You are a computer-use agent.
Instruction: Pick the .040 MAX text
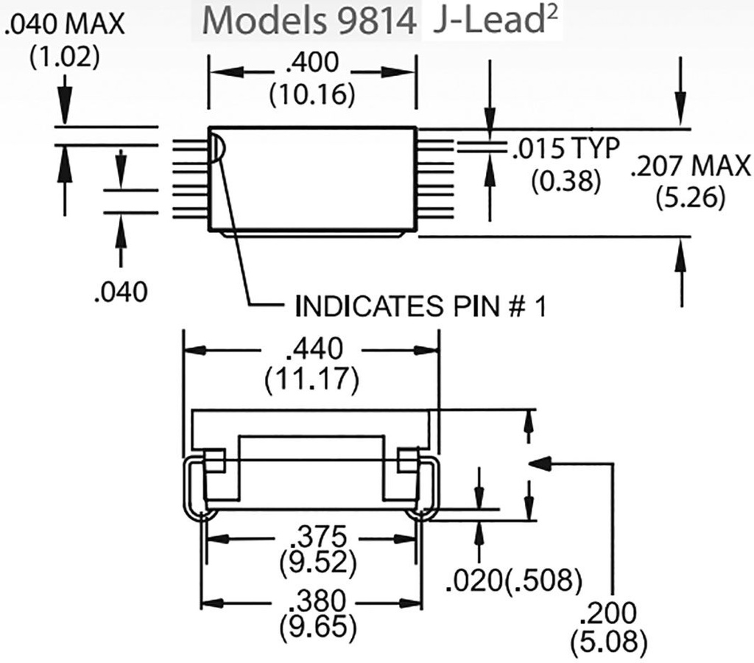(65, 24)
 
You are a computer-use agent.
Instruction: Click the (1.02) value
(65, 56)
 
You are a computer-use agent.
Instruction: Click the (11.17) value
(311, 380)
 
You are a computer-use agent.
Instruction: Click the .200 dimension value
(608, 612)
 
